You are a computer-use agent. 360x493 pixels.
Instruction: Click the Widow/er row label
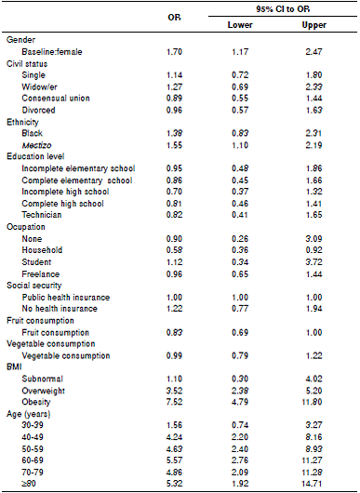point(39,85)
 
